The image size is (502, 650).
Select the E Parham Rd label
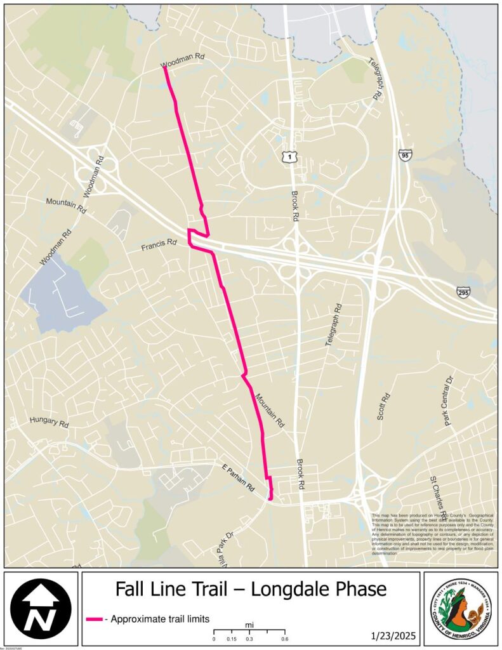coord(238,478)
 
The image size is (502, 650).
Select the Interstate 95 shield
coord(406,154)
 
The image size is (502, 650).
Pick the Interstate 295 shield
coord(463,291)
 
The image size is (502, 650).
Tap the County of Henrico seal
coord(460,608)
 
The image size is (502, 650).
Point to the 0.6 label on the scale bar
coord(284,639)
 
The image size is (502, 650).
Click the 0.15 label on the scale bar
coord(232,639)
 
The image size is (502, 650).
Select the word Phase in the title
coord(362,590)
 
